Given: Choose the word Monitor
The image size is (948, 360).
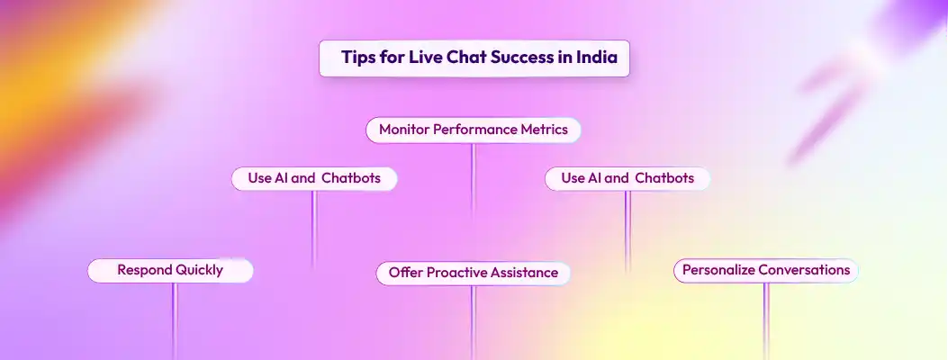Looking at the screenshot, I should [404, 130].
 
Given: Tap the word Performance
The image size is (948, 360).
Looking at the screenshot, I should [474, 130].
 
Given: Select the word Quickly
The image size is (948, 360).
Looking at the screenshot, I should [199, 270].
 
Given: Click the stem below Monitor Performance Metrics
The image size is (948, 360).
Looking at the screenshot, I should [473, 180].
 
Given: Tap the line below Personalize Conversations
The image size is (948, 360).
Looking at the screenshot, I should [765, 320].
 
